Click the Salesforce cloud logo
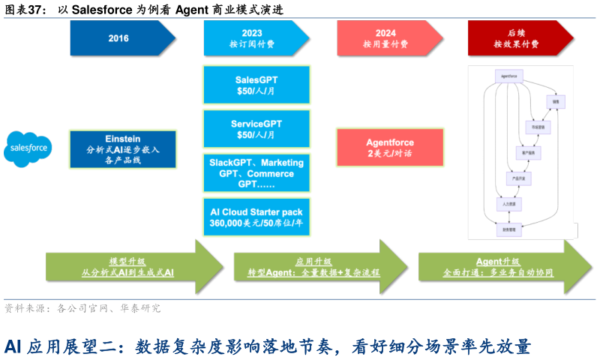point(28,148)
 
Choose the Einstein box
point(122,149)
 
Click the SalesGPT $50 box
point(256,85)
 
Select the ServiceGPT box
point(256,129)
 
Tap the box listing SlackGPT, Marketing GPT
point(256,173)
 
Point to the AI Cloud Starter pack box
point(256,217)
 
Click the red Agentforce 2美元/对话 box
point(389,147)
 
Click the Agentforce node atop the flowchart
point(508,76)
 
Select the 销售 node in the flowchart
point(556,100)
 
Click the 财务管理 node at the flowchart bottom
point(509,229)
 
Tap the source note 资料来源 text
point(82,308)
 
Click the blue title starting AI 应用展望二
point(267,346)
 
